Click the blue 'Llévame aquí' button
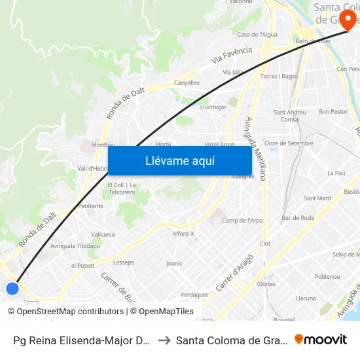(180, 160)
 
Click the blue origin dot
(12, 288)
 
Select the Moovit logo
(321, 339)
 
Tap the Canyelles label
(187, 83)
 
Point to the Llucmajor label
(213, 107)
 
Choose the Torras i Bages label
(279, 77)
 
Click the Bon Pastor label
(333, 112)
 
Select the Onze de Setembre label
(289, 143)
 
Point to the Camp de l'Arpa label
(242, 221)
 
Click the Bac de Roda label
(298, 217)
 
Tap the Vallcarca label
(103, 234)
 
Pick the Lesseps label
(123, 262)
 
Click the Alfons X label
(183, 234)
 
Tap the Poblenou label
(327, 277)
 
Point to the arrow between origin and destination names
(164, 340)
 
